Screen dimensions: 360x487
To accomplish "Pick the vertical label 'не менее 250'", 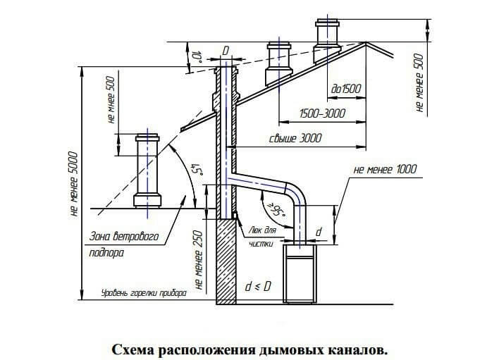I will click(199, 261).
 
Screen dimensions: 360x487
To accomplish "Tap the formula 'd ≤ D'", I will click(259, 287).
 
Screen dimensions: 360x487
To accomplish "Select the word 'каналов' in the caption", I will click(360, 349).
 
